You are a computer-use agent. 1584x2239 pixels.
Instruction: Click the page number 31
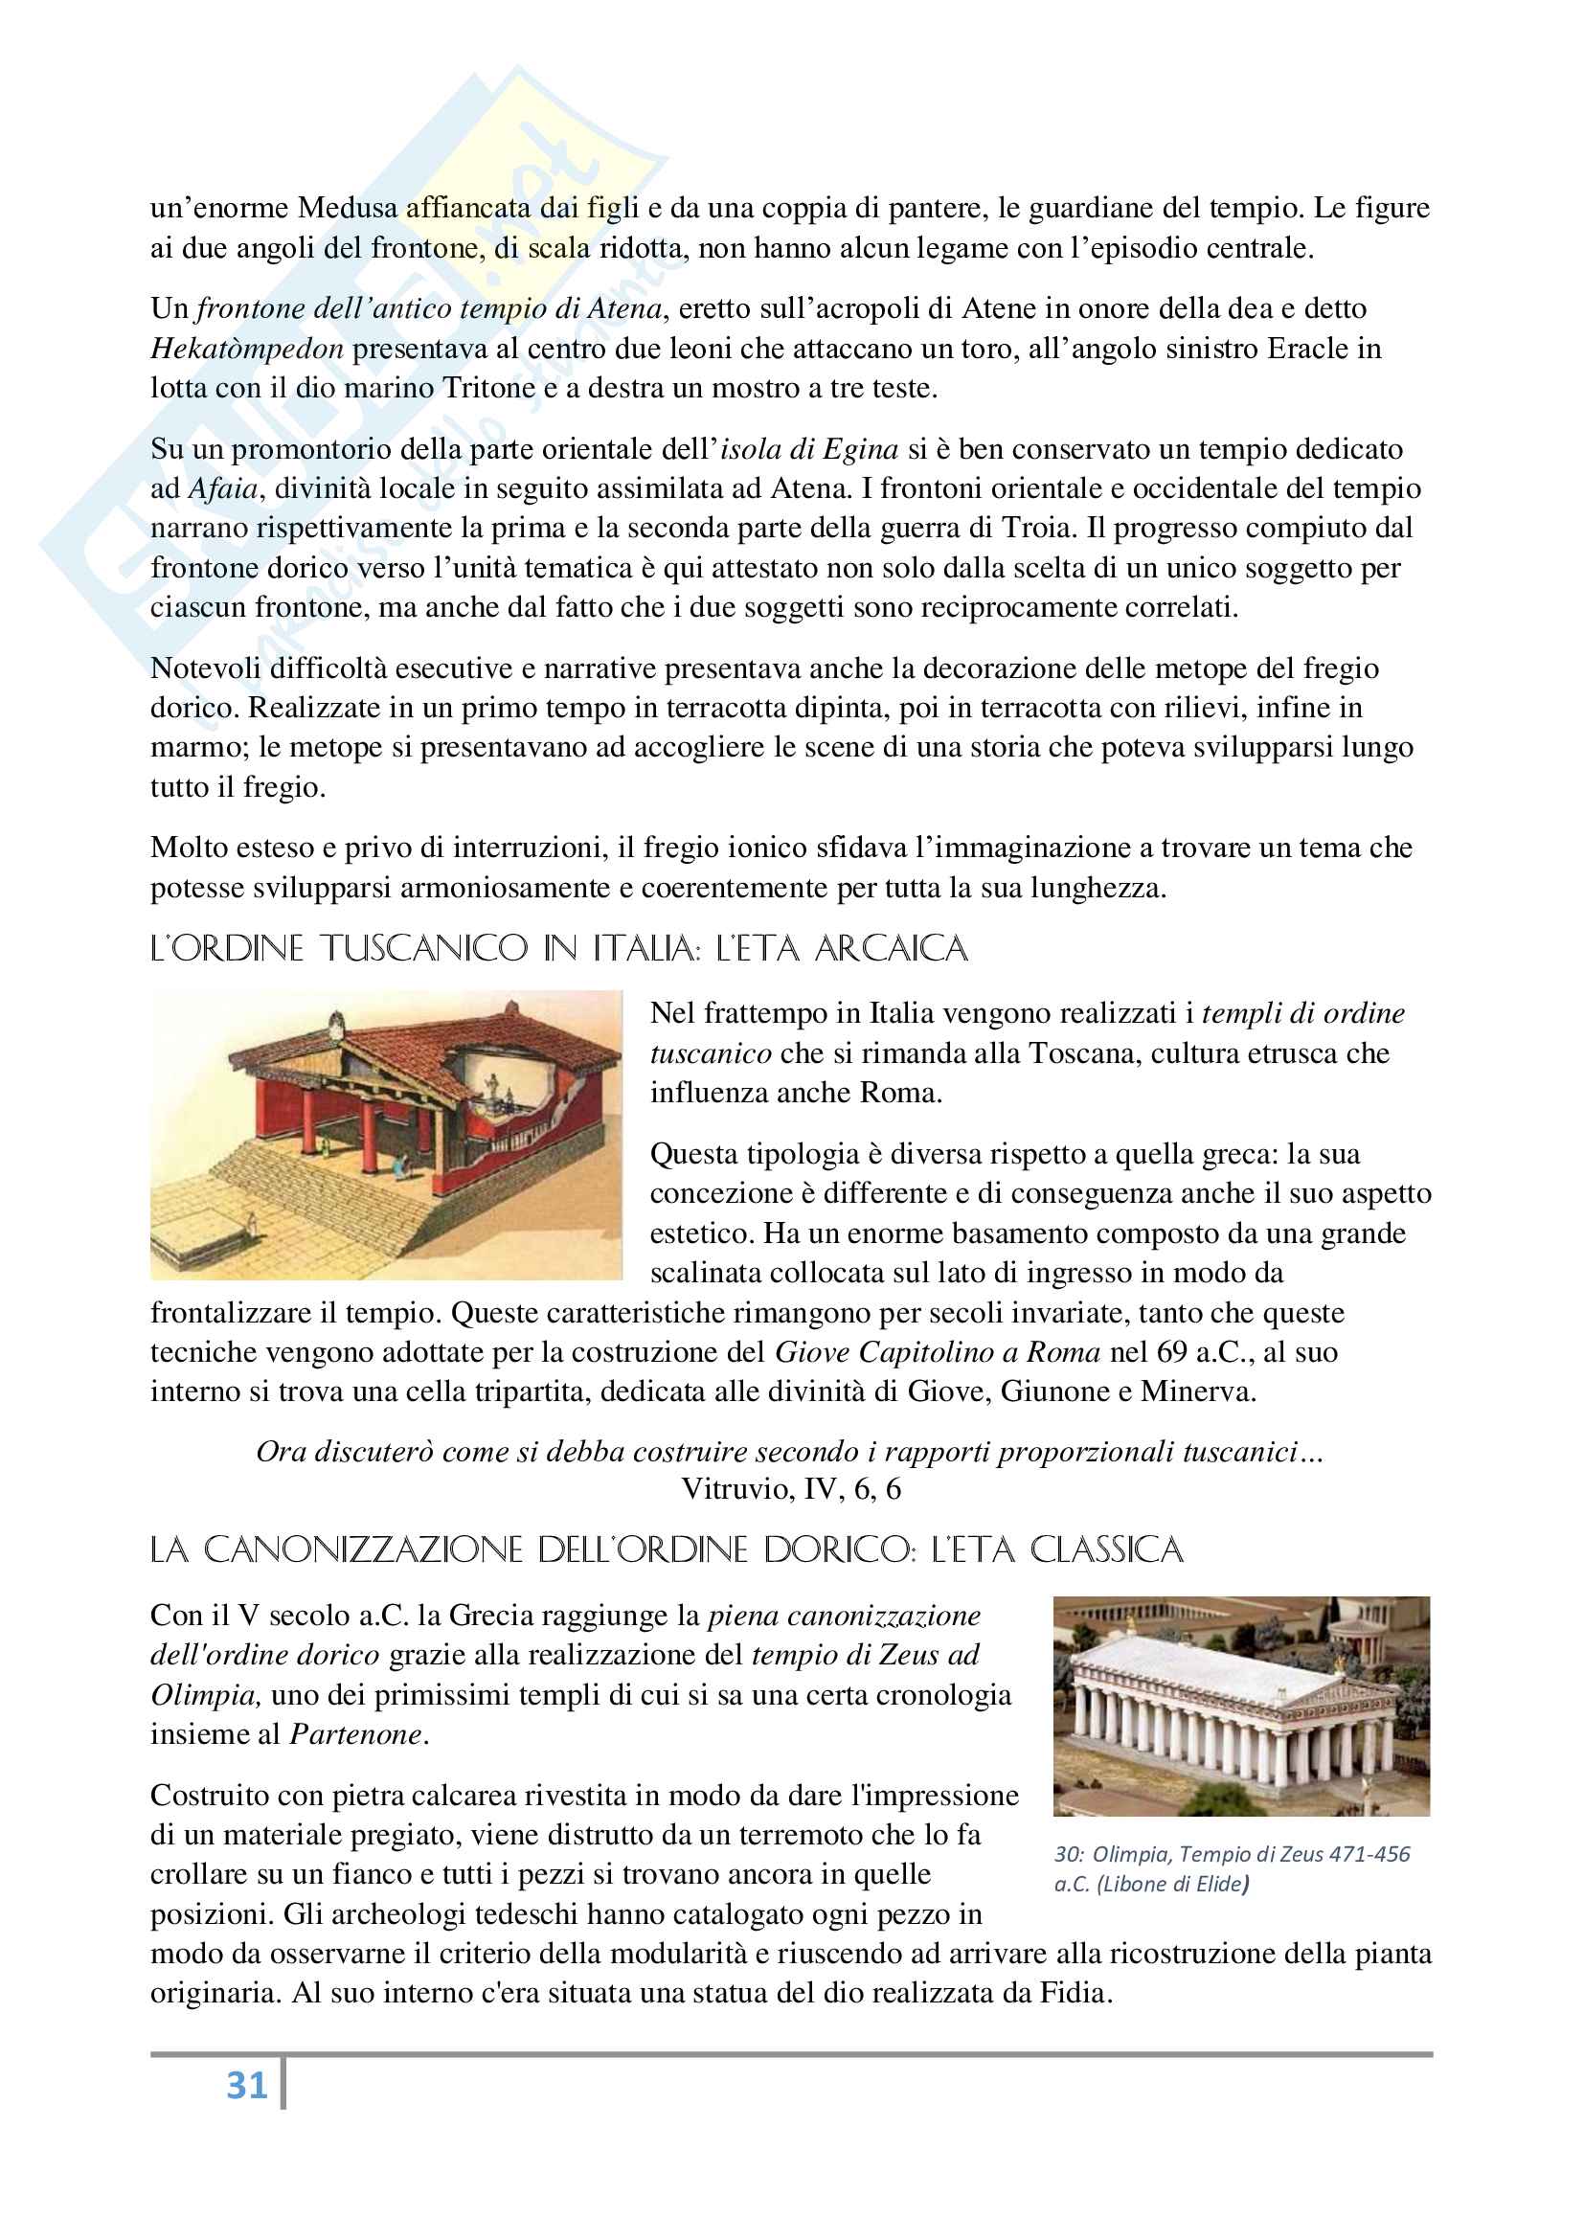click(x=246, y=2085)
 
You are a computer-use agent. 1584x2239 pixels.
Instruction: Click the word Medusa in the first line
click(x=349, y=208)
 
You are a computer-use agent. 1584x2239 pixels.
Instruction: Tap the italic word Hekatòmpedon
click(x=247, y=349)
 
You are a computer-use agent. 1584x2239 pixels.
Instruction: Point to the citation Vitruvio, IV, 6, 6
click(x=791, y=1489)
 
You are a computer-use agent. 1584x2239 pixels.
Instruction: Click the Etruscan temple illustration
click(x=386, y=1134)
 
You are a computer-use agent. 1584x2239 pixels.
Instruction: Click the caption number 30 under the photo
click(x=1065, y=1854)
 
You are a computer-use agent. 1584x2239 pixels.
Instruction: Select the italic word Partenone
click(x=356, y=1734)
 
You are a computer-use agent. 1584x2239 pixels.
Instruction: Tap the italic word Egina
click(x=859, y=448)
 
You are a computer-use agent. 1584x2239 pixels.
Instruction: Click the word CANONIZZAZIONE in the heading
click(x=365, y=1549)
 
